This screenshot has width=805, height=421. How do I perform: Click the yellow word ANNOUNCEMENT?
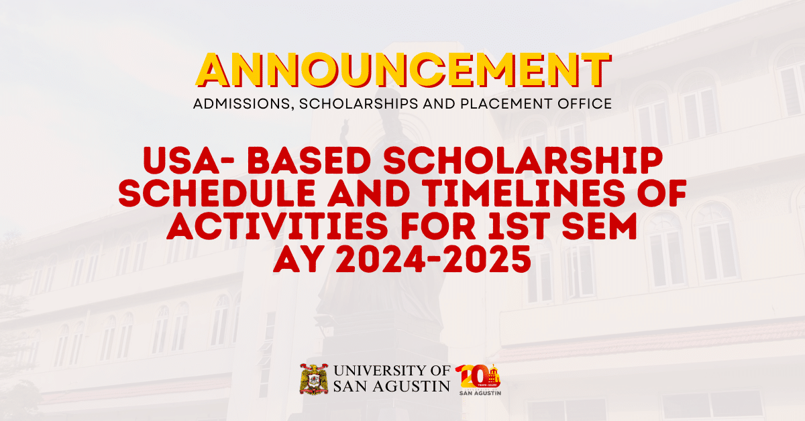[x=402, y=70]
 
